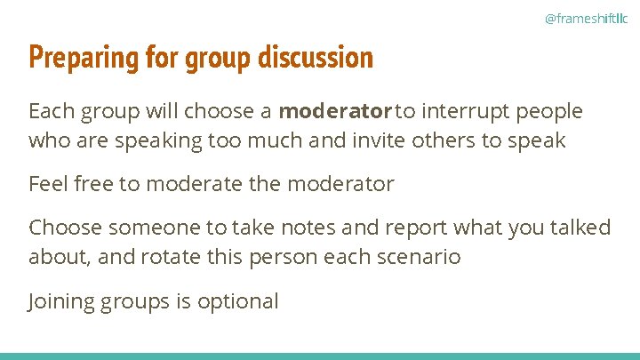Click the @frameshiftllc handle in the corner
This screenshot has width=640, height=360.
click(585, 17)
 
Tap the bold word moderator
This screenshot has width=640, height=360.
click(335, 112)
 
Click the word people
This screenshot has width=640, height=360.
click(549, 112)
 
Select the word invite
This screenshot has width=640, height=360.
click(412, 140)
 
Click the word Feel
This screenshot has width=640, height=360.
click(48, 184)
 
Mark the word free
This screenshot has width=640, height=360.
click(95, 184)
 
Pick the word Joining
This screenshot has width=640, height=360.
click(62, 301)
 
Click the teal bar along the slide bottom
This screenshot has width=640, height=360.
click(320, 356)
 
